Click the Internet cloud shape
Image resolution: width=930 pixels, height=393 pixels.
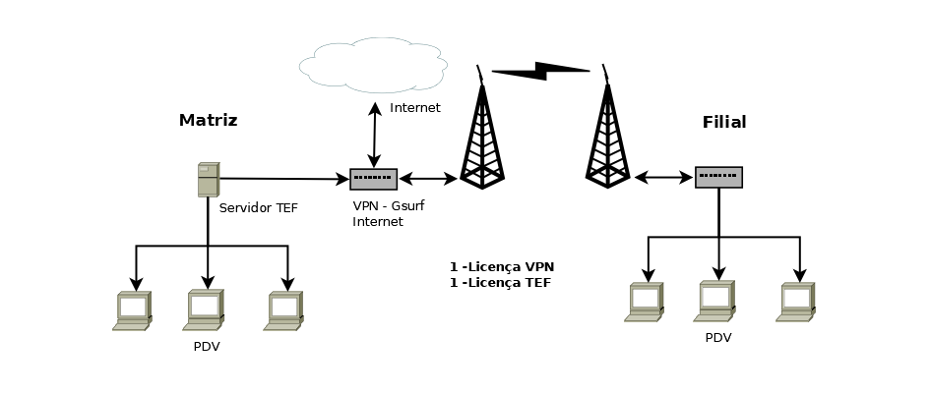coord(372,65)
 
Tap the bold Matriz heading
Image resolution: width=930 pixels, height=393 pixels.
coord(208,121)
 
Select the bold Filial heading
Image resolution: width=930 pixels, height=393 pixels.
coord(724,123)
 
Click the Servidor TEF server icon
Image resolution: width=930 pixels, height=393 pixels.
coord(208,180)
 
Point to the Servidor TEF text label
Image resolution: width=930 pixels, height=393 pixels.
coord(258,208)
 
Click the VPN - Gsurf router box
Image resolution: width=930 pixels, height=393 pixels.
coord(373,179)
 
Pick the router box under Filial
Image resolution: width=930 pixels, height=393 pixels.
coord(718,177)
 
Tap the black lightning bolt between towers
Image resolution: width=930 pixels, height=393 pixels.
coord(540,71)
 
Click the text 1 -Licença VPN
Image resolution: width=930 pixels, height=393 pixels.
coord(502,266)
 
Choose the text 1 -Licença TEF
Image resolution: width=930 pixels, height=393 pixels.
coord(500,283)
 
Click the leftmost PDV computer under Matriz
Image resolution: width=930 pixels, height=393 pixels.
coord(131,310)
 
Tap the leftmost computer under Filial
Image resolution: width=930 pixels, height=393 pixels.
coord(645,303)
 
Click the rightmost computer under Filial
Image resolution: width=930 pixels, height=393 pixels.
coord(797,303)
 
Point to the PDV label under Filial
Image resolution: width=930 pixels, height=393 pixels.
coord(718,338)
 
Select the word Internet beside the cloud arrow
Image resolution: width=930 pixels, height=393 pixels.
coord(415,108)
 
